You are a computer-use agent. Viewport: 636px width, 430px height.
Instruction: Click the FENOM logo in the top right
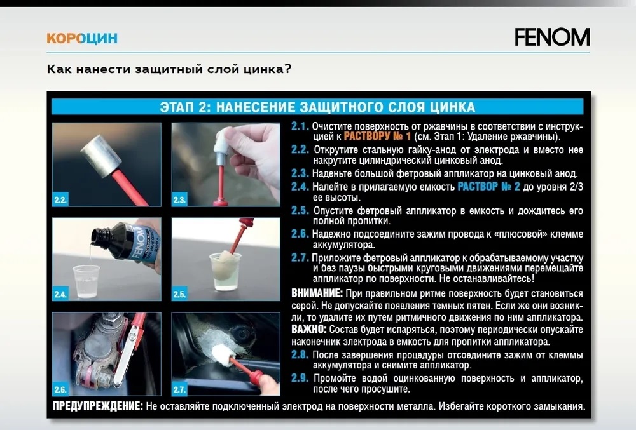552,37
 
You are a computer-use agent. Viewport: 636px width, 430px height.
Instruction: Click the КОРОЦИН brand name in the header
82,38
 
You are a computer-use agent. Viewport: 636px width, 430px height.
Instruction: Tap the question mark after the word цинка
288,69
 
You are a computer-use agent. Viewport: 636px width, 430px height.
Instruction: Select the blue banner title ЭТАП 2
317,107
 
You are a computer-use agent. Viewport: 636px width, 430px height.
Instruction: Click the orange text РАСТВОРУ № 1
377,136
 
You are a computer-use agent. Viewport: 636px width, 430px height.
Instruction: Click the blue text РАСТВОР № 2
488,187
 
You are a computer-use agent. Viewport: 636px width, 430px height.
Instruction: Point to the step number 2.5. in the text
300,210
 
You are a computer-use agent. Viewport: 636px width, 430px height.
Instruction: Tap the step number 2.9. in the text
300,378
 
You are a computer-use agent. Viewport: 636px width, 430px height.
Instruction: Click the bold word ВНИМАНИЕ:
317,293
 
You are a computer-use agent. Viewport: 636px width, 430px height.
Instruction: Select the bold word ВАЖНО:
308,329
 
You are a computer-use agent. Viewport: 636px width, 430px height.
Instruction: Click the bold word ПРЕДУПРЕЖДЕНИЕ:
98,406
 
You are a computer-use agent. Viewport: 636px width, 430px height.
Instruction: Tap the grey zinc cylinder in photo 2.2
101,155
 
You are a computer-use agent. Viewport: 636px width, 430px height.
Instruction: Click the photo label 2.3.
179,199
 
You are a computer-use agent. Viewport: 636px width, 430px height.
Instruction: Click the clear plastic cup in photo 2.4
86,281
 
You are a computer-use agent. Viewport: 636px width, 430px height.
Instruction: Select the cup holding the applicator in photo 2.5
226,271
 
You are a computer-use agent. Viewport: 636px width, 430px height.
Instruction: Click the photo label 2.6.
60,389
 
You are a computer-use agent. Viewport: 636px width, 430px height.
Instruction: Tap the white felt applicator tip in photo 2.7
222,355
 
